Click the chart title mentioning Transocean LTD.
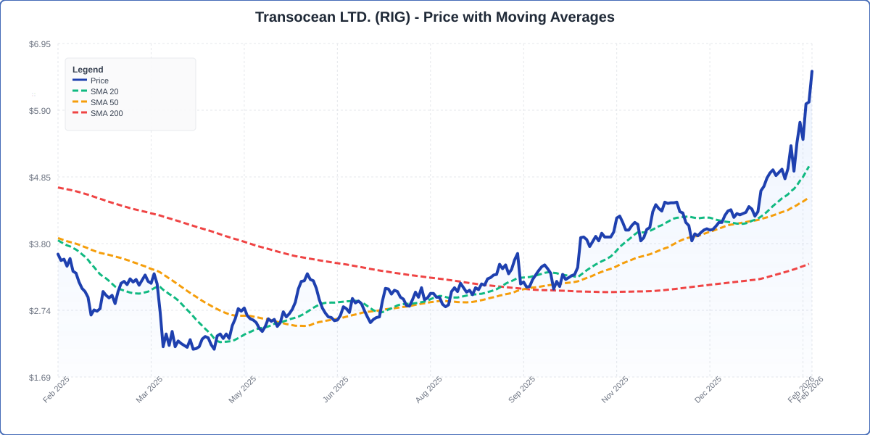pyautogui.click(x=434, y=17)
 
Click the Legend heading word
pyautogui.click(x=88, y=70)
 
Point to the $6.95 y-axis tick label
pyautogui.click(x=40, y=44)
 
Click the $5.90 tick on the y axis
pyautogui.click(x=40, y=111)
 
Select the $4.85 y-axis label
pyautogui.click(x=40, y=178)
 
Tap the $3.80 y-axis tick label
pyautogui.click(x=40, y=244)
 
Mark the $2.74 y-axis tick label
pyautogui.click(x=40, y=311)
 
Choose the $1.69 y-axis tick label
pyautogui.click(x=40, y=378)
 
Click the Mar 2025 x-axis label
pyautogui.click(x=149, y=389)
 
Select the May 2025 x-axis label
pyautogui.click(x=242, y=389)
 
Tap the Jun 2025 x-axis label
pyautogui.click(x=336, y=389)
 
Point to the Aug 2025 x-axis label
pyautogui.click(x=428, y=389)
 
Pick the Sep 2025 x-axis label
pyautogui.click(x=522, y=389)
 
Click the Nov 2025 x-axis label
pyautogui.click(x=615, y=389)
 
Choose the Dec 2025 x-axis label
pyautogui.click(x=708, y=389)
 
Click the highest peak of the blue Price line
pyautogui.click(x=811, y=72)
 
